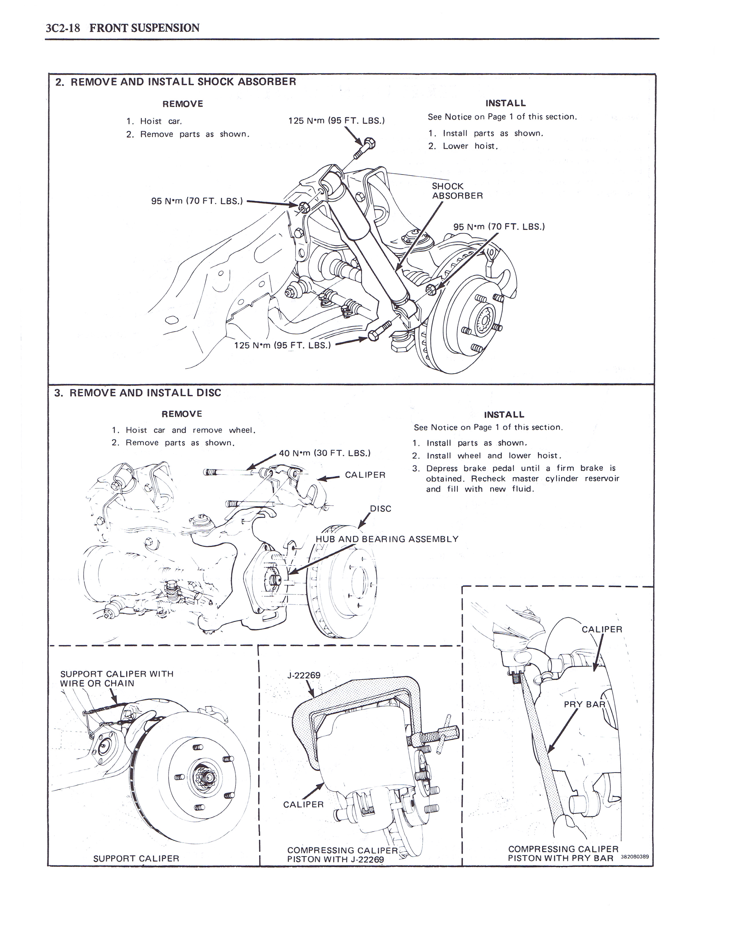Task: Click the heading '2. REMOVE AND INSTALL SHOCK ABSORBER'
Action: pyautogui.click(x=175, y=82)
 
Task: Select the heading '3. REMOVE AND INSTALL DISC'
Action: pyautogui.click(x=137, y=393)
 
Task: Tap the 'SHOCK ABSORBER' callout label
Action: pyautogui.click(x=457, y=191)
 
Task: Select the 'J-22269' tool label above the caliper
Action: pyautogui.click(x=304, y=675)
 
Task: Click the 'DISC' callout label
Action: pyautogui.click(x=380, y=509)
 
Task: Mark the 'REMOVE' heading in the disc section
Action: pyautogui.click(x=181, y=414)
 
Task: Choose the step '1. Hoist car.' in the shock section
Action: pyautogui.click(x=154, y=122)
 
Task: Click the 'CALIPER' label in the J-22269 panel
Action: pyautogui.click(x=303, y=804)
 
